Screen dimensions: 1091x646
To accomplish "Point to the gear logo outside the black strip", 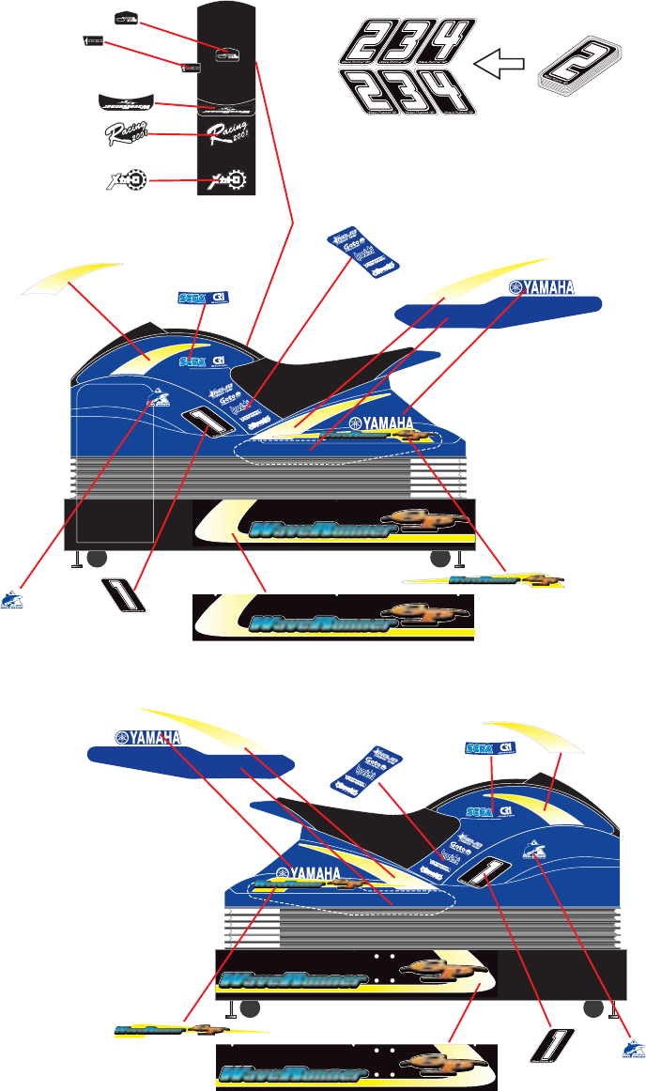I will click(x=124, y=178).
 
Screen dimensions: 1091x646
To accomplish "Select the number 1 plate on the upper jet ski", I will click(x=208, y=423).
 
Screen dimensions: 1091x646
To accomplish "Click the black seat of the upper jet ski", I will click(x=310, y=376).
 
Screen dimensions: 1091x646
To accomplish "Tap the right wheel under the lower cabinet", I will click(x=592, y=1009).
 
